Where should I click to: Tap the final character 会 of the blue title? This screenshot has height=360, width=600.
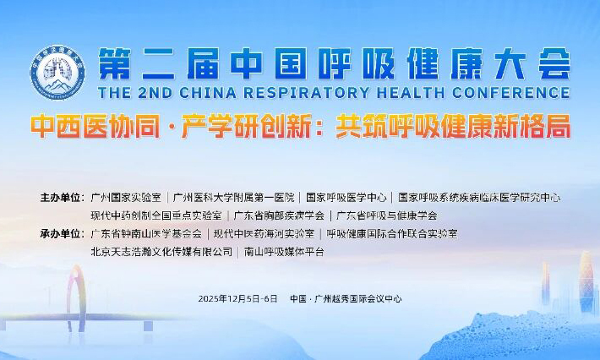point(549,62)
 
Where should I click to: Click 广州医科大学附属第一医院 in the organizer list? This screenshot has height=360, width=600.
point(233,198)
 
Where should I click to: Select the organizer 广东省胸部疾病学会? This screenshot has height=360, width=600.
point(279,215)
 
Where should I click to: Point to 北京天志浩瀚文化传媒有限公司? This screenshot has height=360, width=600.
point(161,251)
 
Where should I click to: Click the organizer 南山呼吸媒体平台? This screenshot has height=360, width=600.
point(284,251)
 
